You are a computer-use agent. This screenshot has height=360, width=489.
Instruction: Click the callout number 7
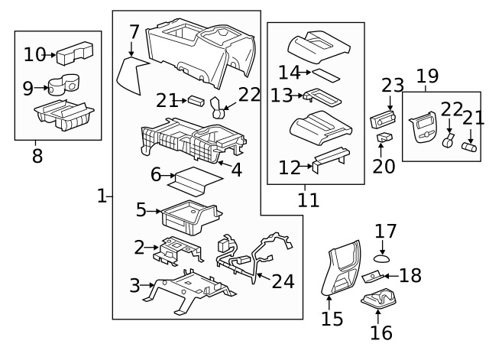click(x=134, y=32)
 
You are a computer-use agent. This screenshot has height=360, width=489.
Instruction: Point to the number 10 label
click(x=34, y=54)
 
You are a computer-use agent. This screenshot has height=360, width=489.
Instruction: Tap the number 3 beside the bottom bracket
click(x=134, y=287)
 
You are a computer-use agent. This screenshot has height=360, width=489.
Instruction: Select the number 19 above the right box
click(x=427, y=76)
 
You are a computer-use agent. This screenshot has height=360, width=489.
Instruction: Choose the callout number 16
click(x=381, y=332)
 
